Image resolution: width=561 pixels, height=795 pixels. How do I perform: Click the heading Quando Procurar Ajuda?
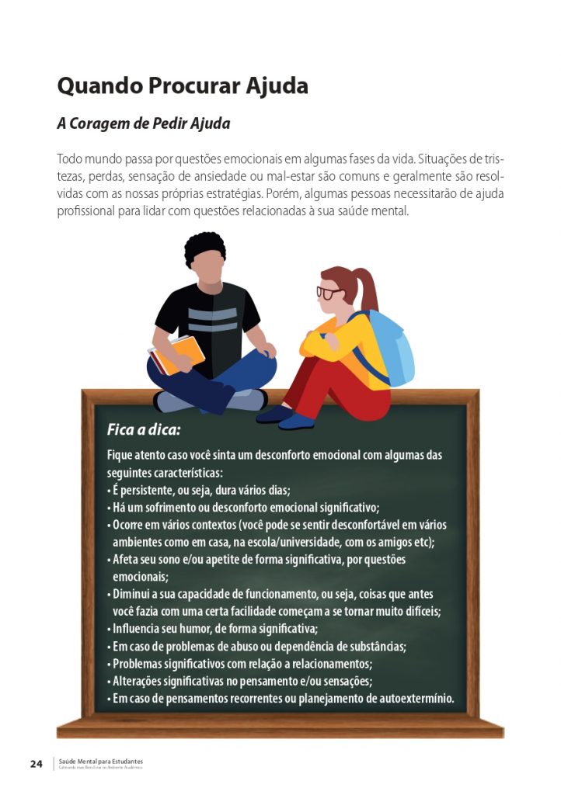click(x=183, y=85)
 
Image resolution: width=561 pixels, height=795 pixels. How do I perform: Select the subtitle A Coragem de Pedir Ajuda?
click(x=144, y=123)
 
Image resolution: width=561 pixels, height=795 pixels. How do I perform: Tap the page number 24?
click(x=37, y=764)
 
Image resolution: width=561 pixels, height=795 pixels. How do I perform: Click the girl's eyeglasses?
click(x=329, y=293)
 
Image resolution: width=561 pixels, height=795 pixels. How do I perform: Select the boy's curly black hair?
click(x=205, y=248)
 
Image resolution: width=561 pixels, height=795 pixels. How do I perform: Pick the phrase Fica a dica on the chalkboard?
click(x=144, y=429)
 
